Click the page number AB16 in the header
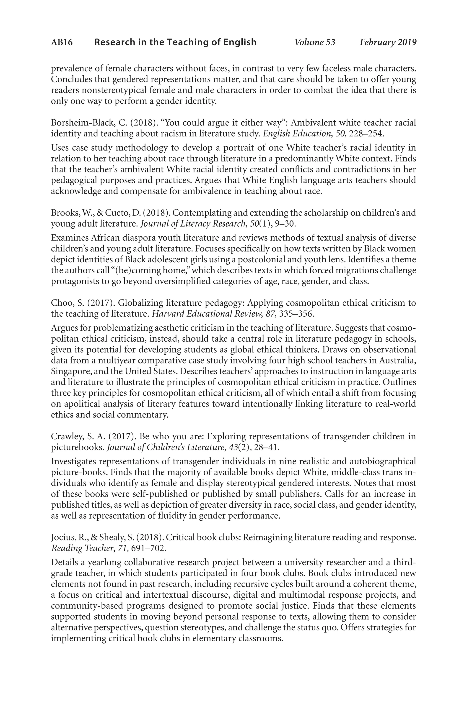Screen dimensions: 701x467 click(x=62, y=43)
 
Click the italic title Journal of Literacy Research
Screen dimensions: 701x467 click(x=193, y=224)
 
